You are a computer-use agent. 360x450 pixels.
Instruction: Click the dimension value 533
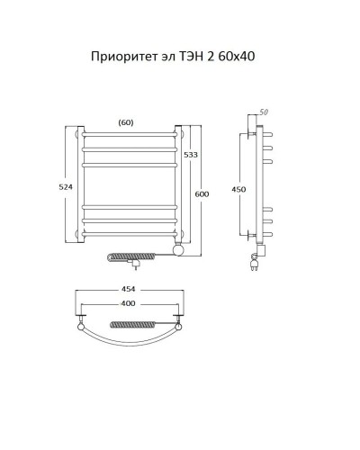[x=190, y=156]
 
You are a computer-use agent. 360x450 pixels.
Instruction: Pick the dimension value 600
[x=202, y=194]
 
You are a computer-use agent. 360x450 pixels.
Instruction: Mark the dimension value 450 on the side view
[x=239, y=189]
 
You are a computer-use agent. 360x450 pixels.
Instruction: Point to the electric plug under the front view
[x=136, y=265]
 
